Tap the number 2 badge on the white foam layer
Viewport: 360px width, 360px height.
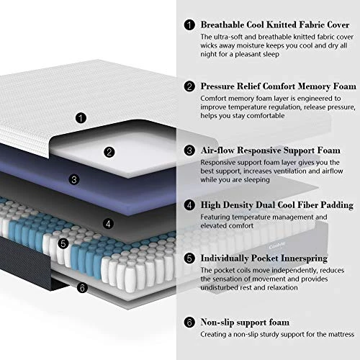point(109,152)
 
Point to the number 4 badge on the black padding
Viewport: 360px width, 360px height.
point(107,223)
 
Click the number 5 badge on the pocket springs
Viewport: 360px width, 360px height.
point(63,243)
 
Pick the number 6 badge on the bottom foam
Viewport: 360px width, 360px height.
point(81,288)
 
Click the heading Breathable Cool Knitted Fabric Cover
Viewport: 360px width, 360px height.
point(274,23)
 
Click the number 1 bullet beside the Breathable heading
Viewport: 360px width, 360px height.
point(189,24)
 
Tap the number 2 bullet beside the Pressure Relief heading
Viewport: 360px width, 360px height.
point(189,86)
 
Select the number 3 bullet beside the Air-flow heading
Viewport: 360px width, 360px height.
point(189,150)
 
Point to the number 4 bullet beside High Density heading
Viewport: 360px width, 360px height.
point(189,205)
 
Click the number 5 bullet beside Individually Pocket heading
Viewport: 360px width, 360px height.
point(189,258)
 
